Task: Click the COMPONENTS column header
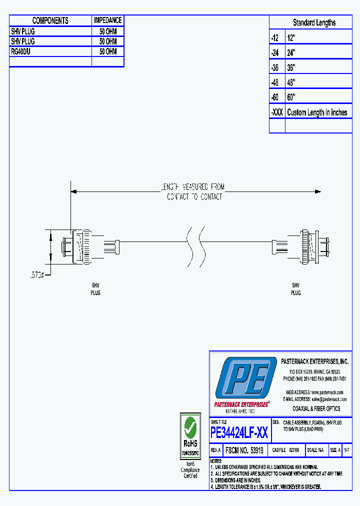[x=50, y=20]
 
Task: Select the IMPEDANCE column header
[x=107, y=20]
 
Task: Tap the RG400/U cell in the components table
[x=23, y=51]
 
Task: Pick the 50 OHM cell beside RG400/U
[x=107, y=51]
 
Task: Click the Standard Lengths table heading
[x=313, y=22]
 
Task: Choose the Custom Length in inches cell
[x=317, y=112]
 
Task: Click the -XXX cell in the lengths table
[x=276, y=112]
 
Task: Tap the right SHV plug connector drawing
[x=309, y=247]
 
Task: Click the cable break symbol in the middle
[x=195, y=247]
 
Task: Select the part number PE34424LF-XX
[x=239, y=432]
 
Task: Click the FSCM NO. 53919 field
[x=244, y=450]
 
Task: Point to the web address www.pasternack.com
[x=328, y=392]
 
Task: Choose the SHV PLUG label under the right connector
[x=295, y=289]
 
